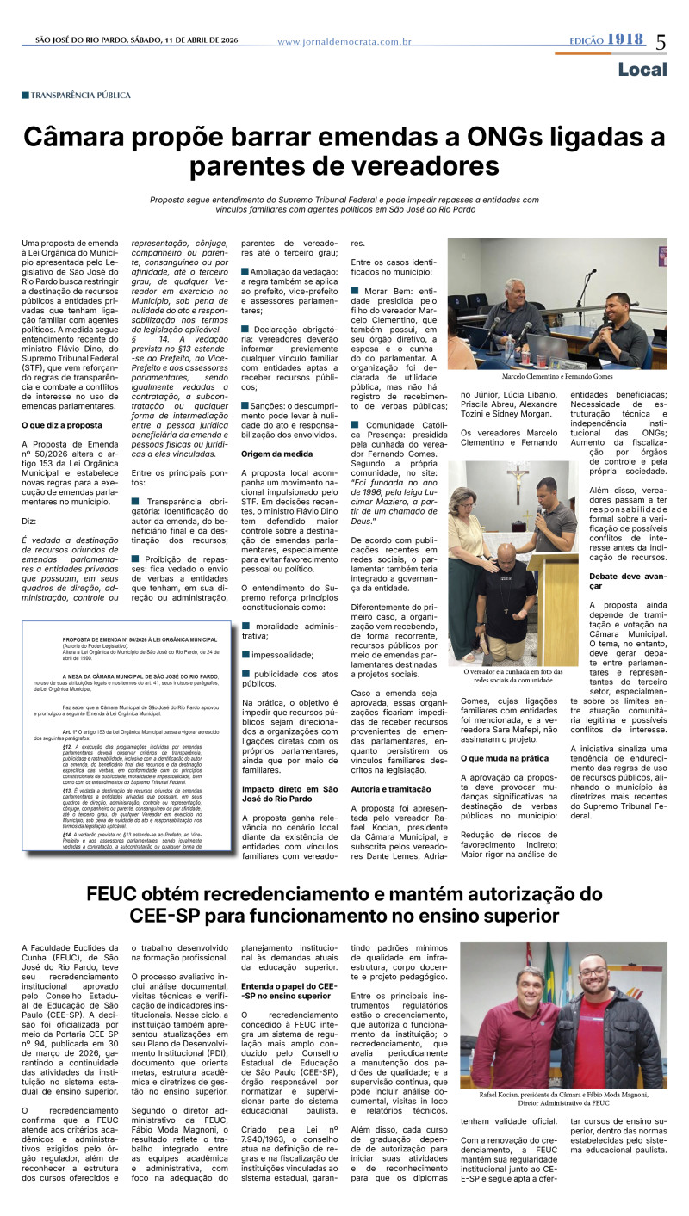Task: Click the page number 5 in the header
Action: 661,41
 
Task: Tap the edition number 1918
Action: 624,40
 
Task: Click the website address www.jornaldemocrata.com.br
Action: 344,41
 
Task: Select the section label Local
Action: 642,69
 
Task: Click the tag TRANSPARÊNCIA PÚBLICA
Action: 80,95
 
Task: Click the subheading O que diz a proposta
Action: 62,425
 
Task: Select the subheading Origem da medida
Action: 277,454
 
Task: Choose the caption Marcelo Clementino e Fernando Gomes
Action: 556,376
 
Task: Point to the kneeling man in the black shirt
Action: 512,602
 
